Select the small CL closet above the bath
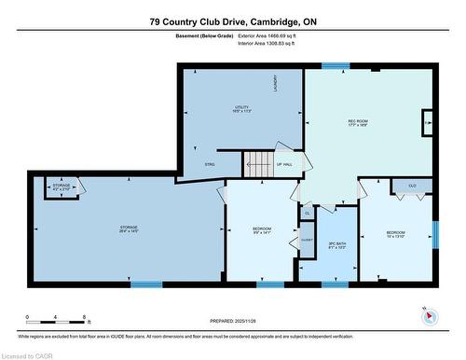307,214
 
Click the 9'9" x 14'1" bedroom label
261,231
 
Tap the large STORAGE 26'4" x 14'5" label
129,229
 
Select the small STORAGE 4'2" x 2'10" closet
62,187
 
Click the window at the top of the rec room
336,66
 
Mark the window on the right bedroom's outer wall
434,233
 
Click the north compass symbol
429,314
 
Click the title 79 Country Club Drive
233,20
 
